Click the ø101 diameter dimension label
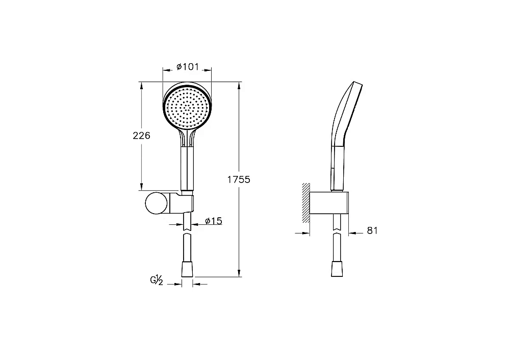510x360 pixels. tap(188, 67)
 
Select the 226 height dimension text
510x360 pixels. tap(141, 135)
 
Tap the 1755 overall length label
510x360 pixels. tap(239, 179)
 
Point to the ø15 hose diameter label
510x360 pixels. tap(214, 221)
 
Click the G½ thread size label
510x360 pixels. tap(157, 280)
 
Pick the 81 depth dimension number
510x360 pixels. tap(372, 230)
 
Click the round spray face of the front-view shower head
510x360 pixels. tap(187, 107)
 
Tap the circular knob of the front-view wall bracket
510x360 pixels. tap(157, 203)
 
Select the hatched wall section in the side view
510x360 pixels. tap(305, 203)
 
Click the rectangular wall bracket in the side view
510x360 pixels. tap(329, 203)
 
